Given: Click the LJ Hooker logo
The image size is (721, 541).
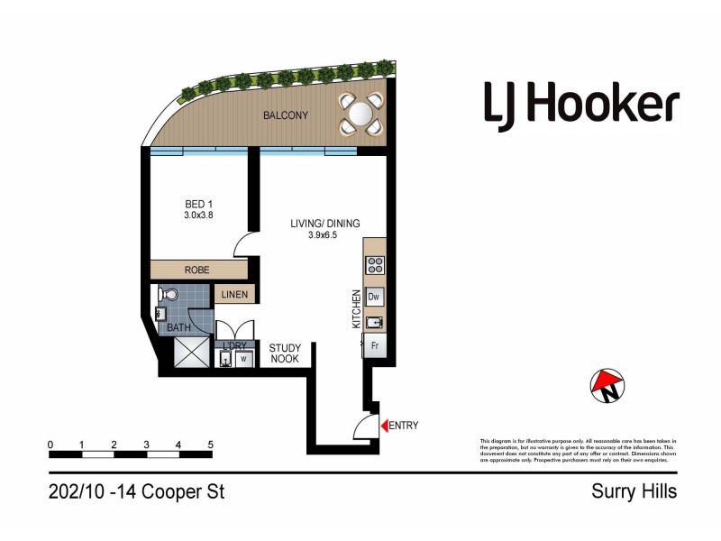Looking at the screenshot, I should point(581,104).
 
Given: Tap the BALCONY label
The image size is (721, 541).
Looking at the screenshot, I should point(286,115).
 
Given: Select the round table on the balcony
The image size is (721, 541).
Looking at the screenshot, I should point(358,115).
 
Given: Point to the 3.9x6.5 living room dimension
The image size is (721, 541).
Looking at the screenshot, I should point(313,237).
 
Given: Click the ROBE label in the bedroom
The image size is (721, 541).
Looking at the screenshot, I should point(197,270).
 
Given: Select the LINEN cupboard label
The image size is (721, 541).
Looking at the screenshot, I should point(234,294).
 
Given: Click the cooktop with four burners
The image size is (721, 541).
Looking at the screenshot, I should point(374,265).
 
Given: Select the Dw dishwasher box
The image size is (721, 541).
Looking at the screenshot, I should point(374,295).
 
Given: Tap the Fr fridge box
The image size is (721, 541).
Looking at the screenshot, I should point(374,344).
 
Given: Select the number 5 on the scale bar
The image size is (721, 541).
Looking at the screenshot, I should point(210,445).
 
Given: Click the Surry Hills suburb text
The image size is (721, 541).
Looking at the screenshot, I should point(634,491).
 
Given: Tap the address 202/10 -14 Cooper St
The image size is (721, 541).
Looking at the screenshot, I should point(134,491).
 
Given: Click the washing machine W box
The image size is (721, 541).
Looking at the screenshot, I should point(243,358).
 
